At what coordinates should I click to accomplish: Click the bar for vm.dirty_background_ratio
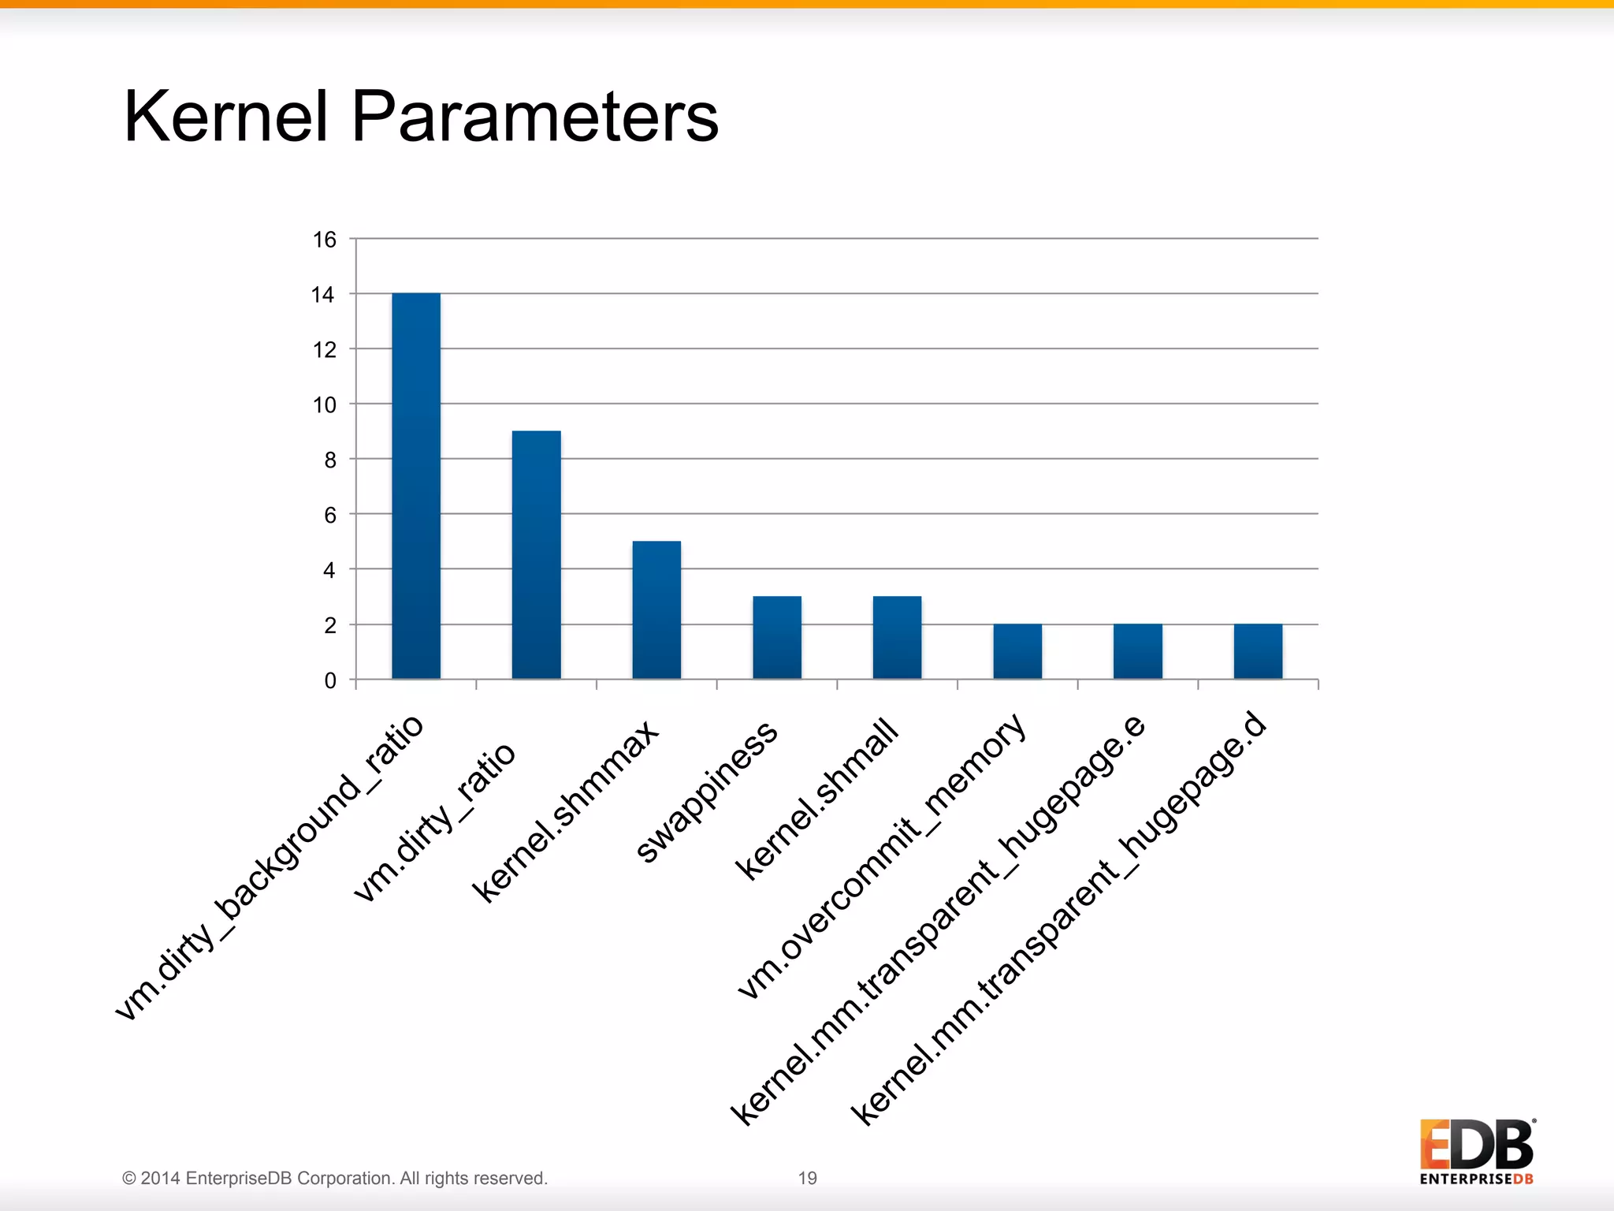(416, 486)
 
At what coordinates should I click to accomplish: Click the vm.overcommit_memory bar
(1017, 651)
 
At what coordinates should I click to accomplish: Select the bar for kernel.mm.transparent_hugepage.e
(1138, 651)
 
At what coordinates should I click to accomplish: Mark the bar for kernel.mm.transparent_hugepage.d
(1258, 651)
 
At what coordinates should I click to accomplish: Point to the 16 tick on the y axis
(325, 240)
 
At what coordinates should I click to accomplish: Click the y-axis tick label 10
(325, 405)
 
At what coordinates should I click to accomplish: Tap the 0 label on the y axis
(330, 680)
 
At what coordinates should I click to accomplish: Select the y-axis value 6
(330, 516)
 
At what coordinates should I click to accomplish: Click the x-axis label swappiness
(707, 792)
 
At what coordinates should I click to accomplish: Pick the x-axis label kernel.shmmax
(565, 812)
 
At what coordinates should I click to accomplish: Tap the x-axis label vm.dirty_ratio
(434, 822)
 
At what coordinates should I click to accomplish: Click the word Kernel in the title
(226, 117)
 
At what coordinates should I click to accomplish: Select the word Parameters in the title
(535, 117)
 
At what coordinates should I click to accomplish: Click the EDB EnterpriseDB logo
(1477, 1151)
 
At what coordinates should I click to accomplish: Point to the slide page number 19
(808, 1178)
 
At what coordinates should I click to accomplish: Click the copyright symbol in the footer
(129, 1179)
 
